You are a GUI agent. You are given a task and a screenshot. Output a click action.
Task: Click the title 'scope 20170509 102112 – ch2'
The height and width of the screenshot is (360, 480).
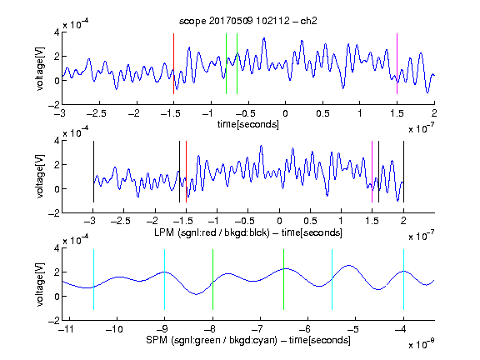tap(248, 21)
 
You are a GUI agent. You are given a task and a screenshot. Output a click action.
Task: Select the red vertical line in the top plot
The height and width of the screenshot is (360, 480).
tap(173, 63)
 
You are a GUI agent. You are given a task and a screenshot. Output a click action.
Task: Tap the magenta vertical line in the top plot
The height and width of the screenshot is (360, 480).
tap(397, 63)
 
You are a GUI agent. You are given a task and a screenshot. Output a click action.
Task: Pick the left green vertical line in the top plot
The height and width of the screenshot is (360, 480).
tap(226, 63)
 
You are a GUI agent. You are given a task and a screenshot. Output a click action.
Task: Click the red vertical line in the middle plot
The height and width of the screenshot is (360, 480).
tap(186, 172)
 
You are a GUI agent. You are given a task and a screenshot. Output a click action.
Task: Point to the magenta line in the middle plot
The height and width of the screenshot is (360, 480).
tap(372, 172)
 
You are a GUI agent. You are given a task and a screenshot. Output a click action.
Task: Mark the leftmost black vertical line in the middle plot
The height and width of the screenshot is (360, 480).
tap(93, 172)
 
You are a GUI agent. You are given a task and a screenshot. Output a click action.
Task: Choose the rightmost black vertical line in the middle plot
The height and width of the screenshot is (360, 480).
tap(403, 172)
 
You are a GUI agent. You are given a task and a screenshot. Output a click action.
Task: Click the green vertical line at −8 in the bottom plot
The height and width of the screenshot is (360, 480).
tap(212, 279)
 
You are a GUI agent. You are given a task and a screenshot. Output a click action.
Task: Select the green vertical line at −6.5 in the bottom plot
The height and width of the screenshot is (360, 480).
tap(284, 279)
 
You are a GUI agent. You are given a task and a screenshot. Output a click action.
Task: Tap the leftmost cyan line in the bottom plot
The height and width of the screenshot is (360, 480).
tap(93, 279)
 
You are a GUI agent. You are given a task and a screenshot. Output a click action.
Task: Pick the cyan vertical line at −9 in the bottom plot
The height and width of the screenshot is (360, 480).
tap(165, 279)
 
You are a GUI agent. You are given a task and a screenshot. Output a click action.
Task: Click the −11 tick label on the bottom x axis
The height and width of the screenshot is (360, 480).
tap(67, 329)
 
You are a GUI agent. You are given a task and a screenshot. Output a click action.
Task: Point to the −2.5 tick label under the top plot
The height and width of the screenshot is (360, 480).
tap(96, 113)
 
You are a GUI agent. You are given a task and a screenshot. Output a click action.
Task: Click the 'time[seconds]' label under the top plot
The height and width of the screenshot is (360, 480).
tap(248, 124)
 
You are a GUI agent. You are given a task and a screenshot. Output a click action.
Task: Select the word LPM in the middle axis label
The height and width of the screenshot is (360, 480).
tap(164, 232)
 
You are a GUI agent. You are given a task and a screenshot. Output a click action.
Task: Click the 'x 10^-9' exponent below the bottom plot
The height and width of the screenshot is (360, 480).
tap(421, 344)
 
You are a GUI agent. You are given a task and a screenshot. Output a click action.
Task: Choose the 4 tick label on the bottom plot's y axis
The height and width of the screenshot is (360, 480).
tap(57, 248)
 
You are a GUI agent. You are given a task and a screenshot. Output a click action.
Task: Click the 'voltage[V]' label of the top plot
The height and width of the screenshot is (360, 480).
tap(40, 68)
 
